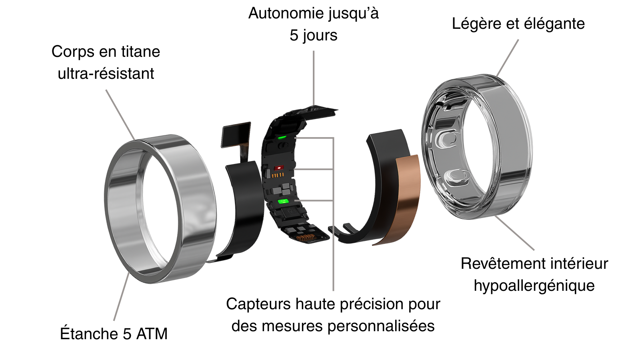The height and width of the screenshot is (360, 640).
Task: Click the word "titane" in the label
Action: pyautogui.click(x=140, y=52)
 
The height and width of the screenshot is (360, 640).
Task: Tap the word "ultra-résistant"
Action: pyautogui.click(x=106, y=74)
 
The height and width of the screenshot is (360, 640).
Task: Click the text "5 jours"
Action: pyautogui.click(x=314, y=36)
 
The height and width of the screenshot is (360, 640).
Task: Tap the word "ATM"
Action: pyautogui.click(x=152, y=334)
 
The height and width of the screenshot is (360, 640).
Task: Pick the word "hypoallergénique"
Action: pyautogui.click(x=534, y=286)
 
